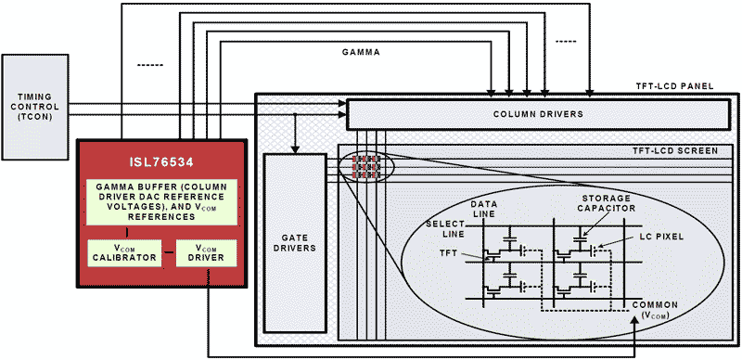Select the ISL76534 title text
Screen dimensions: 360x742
click(x=160, y=157)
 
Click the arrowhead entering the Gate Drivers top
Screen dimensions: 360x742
click(x=294, y=148)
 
